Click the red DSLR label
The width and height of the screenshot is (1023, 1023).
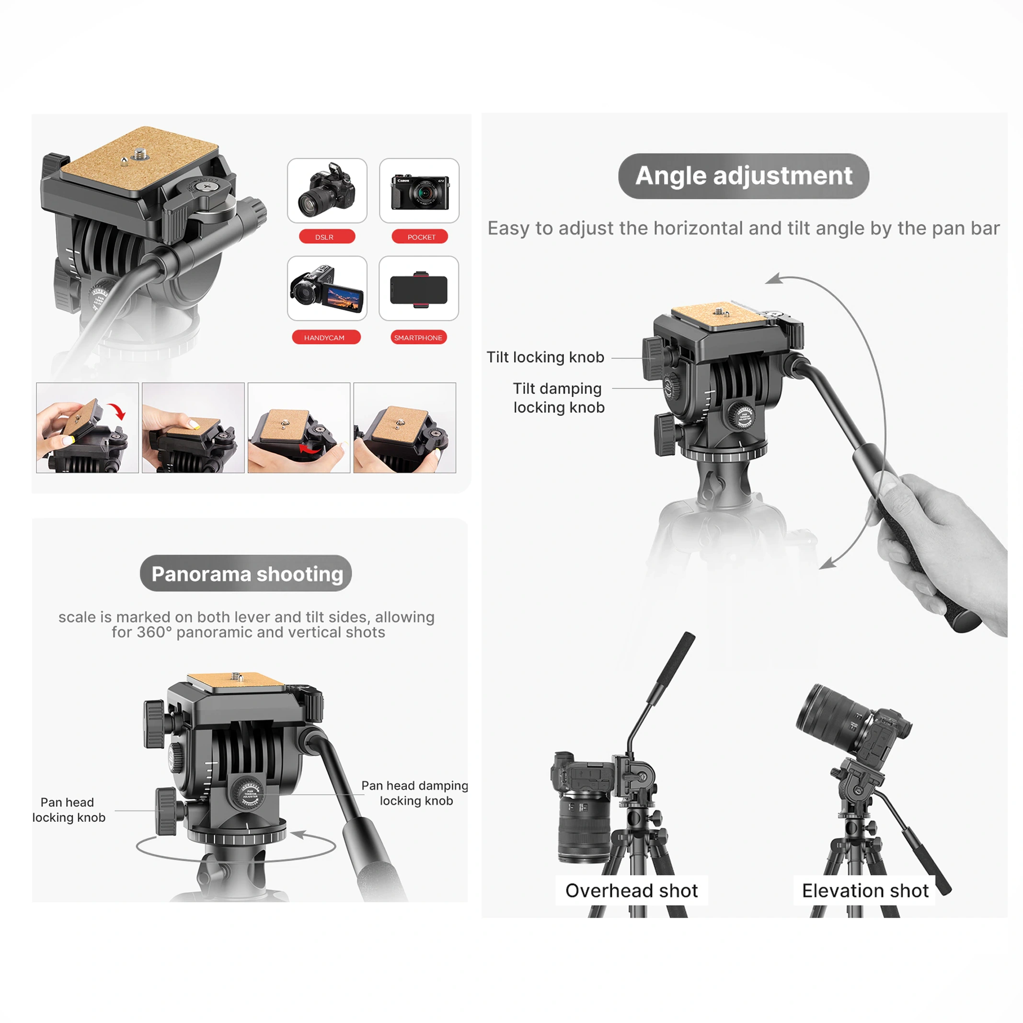[327, 236]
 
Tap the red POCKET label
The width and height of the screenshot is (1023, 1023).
[419, 236]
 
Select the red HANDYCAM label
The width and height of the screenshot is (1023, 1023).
[326, 337]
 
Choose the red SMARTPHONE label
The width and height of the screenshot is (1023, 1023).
[418, 337]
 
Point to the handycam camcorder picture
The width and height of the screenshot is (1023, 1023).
[327, 288]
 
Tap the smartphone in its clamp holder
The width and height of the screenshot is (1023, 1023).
[418, 289]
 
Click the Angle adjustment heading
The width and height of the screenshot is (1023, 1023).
[744, 176]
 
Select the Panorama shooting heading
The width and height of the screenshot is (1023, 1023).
[246, 574]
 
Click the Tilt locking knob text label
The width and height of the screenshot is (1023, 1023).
[545, 357]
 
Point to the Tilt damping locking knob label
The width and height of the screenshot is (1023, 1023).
[558, 398]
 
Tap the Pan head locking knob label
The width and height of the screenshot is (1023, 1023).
[69, 810]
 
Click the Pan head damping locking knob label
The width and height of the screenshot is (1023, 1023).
[415, 793]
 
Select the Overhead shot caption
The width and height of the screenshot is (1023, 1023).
[631, 891]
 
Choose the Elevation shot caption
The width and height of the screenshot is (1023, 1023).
[865, 891]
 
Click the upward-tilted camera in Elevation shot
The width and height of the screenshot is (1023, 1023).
[853, 722]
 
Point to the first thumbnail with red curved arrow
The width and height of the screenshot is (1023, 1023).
[87, 427]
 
